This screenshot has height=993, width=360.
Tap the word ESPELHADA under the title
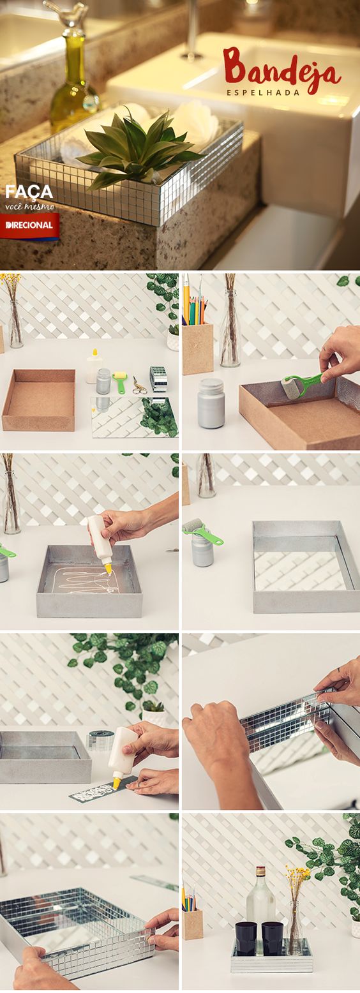(263, 93)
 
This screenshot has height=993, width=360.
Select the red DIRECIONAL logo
(29, 225)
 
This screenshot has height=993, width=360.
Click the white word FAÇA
(29, 192)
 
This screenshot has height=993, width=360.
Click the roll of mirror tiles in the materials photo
(158, 378)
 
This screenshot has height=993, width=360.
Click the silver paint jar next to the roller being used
(211, 403)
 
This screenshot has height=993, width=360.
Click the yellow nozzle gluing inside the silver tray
(108, 569)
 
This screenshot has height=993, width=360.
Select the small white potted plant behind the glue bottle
(154, 713)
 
